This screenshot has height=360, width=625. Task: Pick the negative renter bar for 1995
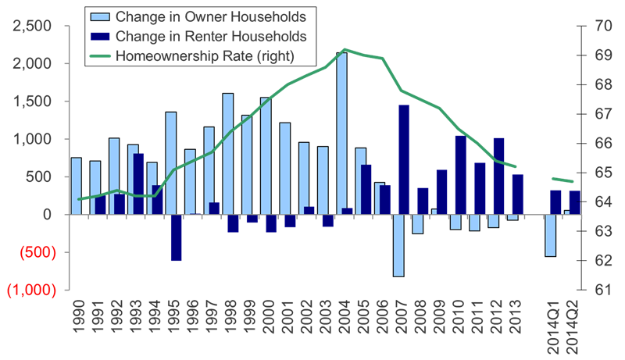click(x=176, y=237)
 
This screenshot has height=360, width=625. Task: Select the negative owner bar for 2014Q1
click(x=550, y=234)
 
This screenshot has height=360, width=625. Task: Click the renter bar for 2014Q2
click(x=574, y=201)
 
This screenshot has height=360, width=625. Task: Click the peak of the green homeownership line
click(x=345, y=49)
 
